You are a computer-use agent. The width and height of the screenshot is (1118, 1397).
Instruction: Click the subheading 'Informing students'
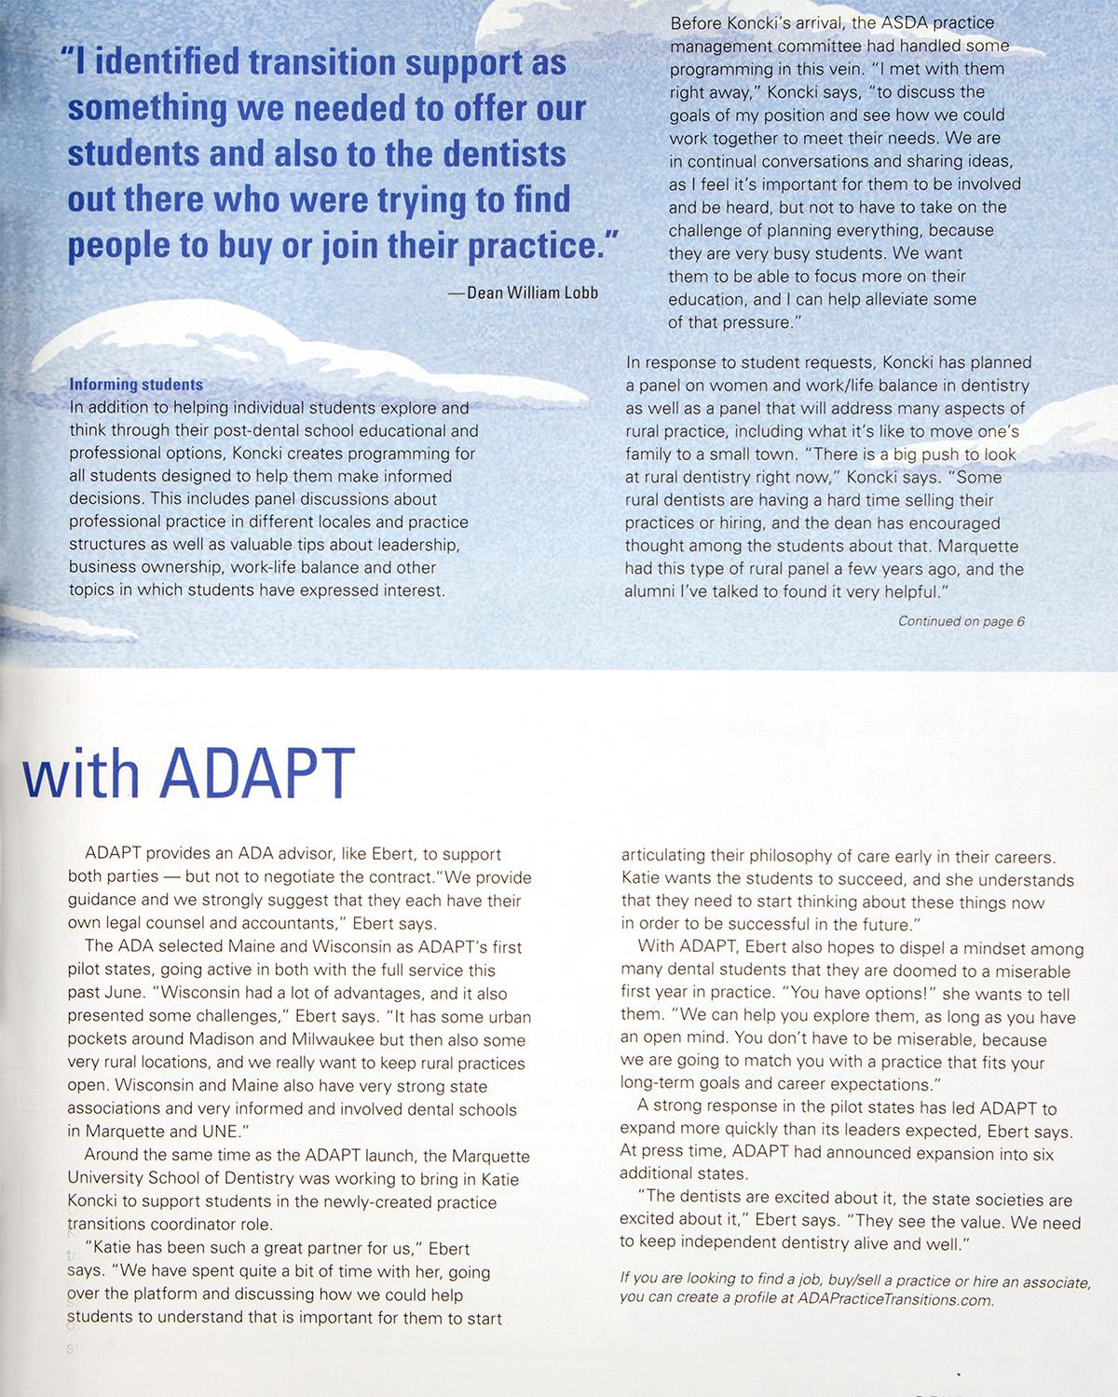(136, 385)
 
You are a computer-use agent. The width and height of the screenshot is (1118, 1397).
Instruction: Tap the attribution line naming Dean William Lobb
(523, 293)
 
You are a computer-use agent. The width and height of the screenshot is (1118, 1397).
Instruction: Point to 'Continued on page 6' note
(961, 621)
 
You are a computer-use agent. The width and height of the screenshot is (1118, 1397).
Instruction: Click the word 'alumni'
(650, 591)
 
